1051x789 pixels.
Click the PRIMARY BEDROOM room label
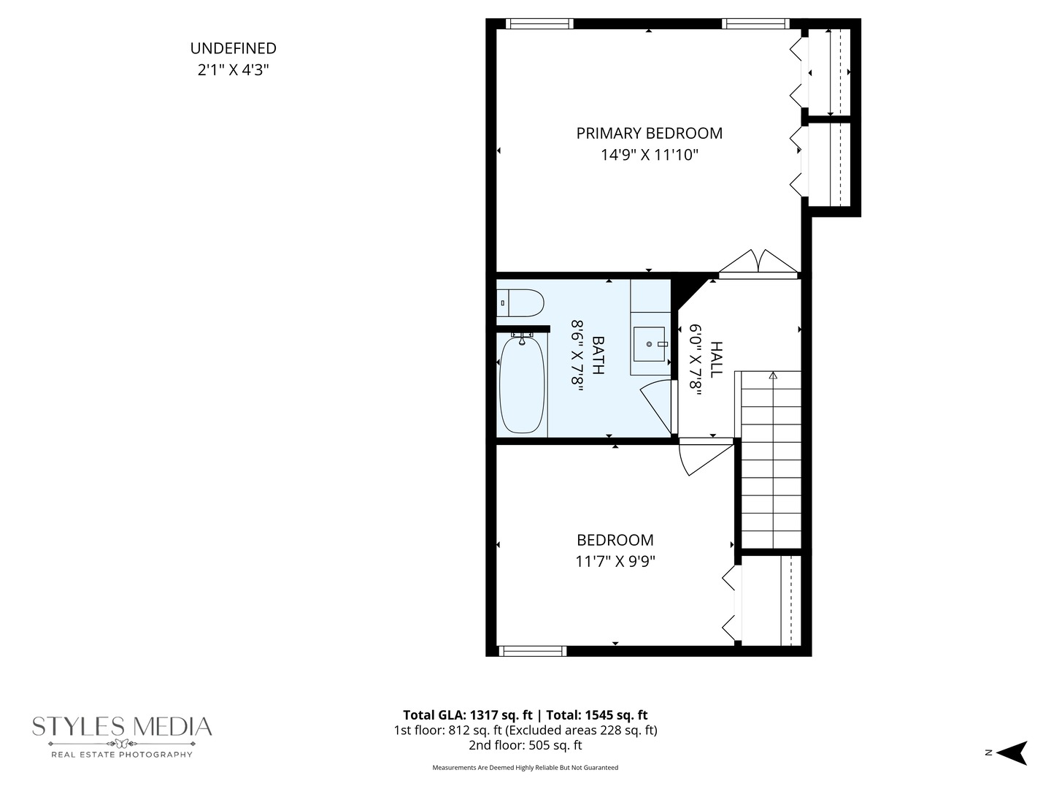[650, 133]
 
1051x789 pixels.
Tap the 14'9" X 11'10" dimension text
[650, 155]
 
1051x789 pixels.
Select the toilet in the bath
[520, 302]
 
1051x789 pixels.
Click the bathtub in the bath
[522, 384]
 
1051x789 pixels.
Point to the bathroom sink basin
[650, 344]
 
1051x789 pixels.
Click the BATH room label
[598, 355]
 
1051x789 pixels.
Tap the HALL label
[716, 359]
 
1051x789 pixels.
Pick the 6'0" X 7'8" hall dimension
[696, 359]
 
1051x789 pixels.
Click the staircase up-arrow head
[773, 375]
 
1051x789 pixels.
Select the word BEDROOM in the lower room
[615, 540]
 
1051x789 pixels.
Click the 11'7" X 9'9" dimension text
[615, 561]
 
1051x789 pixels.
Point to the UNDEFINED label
[233, 48]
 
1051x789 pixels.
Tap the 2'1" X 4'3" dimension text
[233, 70]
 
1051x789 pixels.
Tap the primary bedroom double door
[758, 263]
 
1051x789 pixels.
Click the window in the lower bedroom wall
[533, 651]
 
